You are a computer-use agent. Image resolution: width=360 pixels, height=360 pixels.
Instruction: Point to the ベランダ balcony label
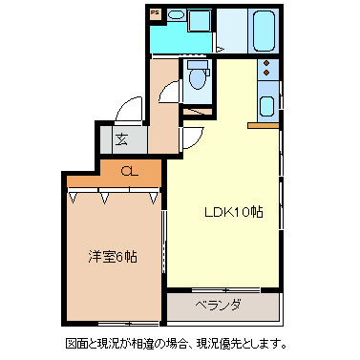pyautogui.click(x=219, y=306)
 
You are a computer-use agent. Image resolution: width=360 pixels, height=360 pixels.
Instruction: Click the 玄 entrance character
pyautogui.click(x=122, y=138)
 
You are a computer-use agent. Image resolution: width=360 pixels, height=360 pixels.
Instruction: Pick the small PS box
pyautogui.click(x=155, y=15)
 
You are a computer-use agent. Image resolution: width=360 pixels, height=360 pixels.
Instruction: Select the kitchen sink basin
pyautogui.click(x=266, y=105)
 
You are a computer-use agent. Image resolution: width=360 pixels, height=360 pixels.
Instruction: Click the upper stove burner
pyautogui.click(x=266, y=67)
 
